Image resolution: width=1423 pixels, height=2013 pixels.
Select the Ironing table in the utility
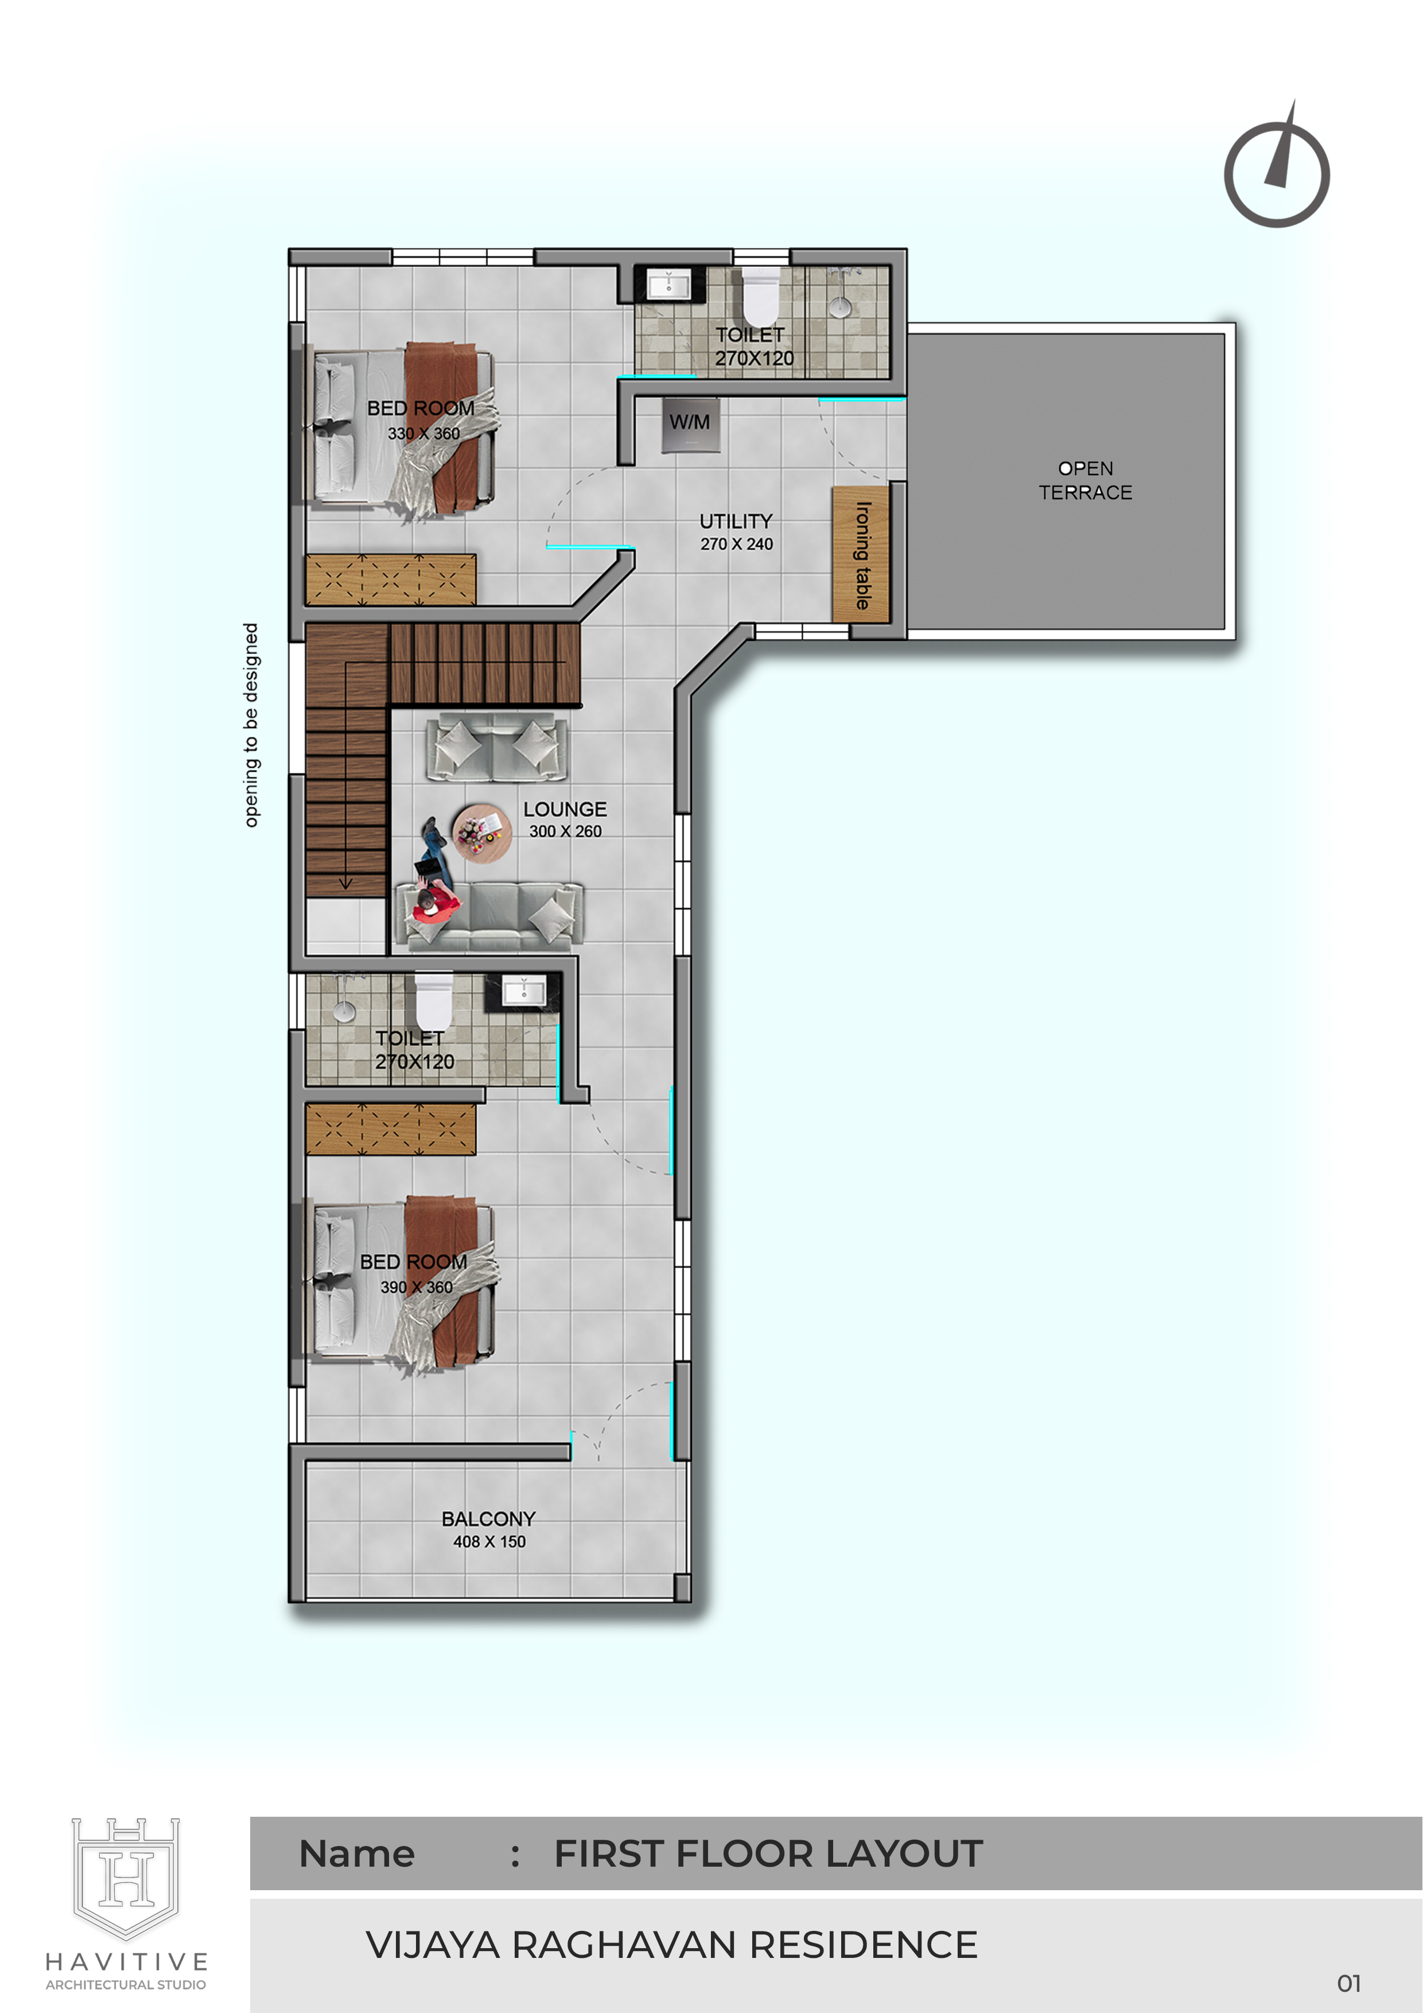(x=861, y=554)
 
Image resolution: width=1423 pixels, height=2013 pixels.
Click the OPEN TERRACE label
(x=1086, y=480)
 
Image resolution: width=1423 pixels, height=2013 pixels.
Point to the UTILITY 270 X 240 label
(x=737, y=532)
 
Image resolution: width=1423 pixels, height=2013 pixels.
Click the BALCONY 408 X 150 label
(x=488, y=1529)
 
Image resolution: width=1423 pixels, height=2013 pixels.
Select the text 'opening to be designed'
(x=252, y=725)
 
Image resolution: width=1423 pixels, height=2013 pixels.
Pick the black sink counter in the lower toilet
(x=523, y=993)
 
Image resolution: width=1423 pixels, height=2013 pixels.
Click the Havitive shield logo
(x=126, y=1878)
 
